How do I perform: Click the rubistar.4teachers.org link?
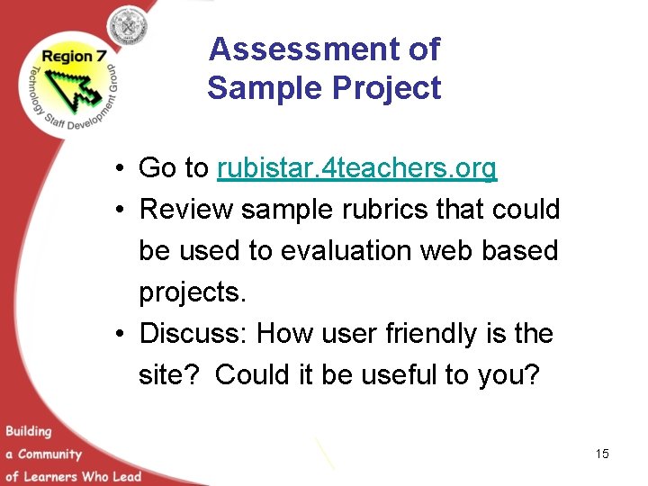pos(356,168)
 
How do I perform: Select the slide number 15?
pos(602,454)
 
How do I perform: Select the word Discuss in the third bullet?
pos(193,334)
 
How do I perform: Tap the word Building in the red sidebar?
pos(28,431)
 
